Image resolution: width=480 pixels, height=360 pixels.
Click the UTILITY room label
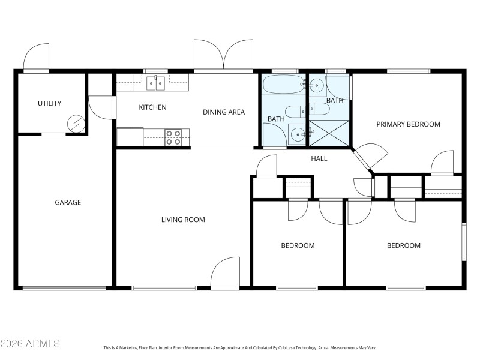[49, 103]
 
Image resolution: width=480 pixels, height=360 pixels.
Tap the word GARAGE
[68, 203]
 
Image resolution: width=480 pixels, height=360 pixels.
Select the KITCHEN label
[152, 107]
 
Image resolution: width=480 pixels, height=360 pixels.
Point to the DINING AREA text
[223, 112]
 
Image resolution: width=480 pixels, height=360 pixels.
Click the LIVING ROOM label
[183, 220]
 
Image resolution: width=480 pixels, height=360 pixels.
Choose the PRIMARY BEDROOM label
[408, 124]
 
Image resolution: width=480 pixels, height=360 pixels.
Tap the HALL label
[319, 158]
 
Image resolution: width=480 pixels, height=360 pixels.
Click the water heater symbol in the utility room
[76, 124]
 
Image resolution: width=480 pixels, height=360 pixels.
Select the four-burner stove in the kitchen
[173, 137]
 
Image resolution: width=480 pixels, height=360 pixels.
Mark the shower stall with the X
[328, 133]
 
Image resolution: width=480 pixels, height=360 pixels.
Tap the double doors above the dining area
[223, 56]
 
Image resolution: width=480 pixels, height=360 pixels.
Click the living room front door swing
[225, 273]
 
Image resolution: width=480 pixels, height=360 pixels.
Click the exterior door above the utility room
[37, 58]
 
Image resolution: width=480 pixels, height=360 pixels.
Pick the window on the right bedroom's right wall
[463, 242]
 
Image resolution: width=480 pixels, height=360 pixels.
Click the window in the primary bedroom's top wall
[408, 71]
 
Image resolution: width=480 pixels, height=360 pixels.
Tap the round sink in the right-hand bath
[316, 86]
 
